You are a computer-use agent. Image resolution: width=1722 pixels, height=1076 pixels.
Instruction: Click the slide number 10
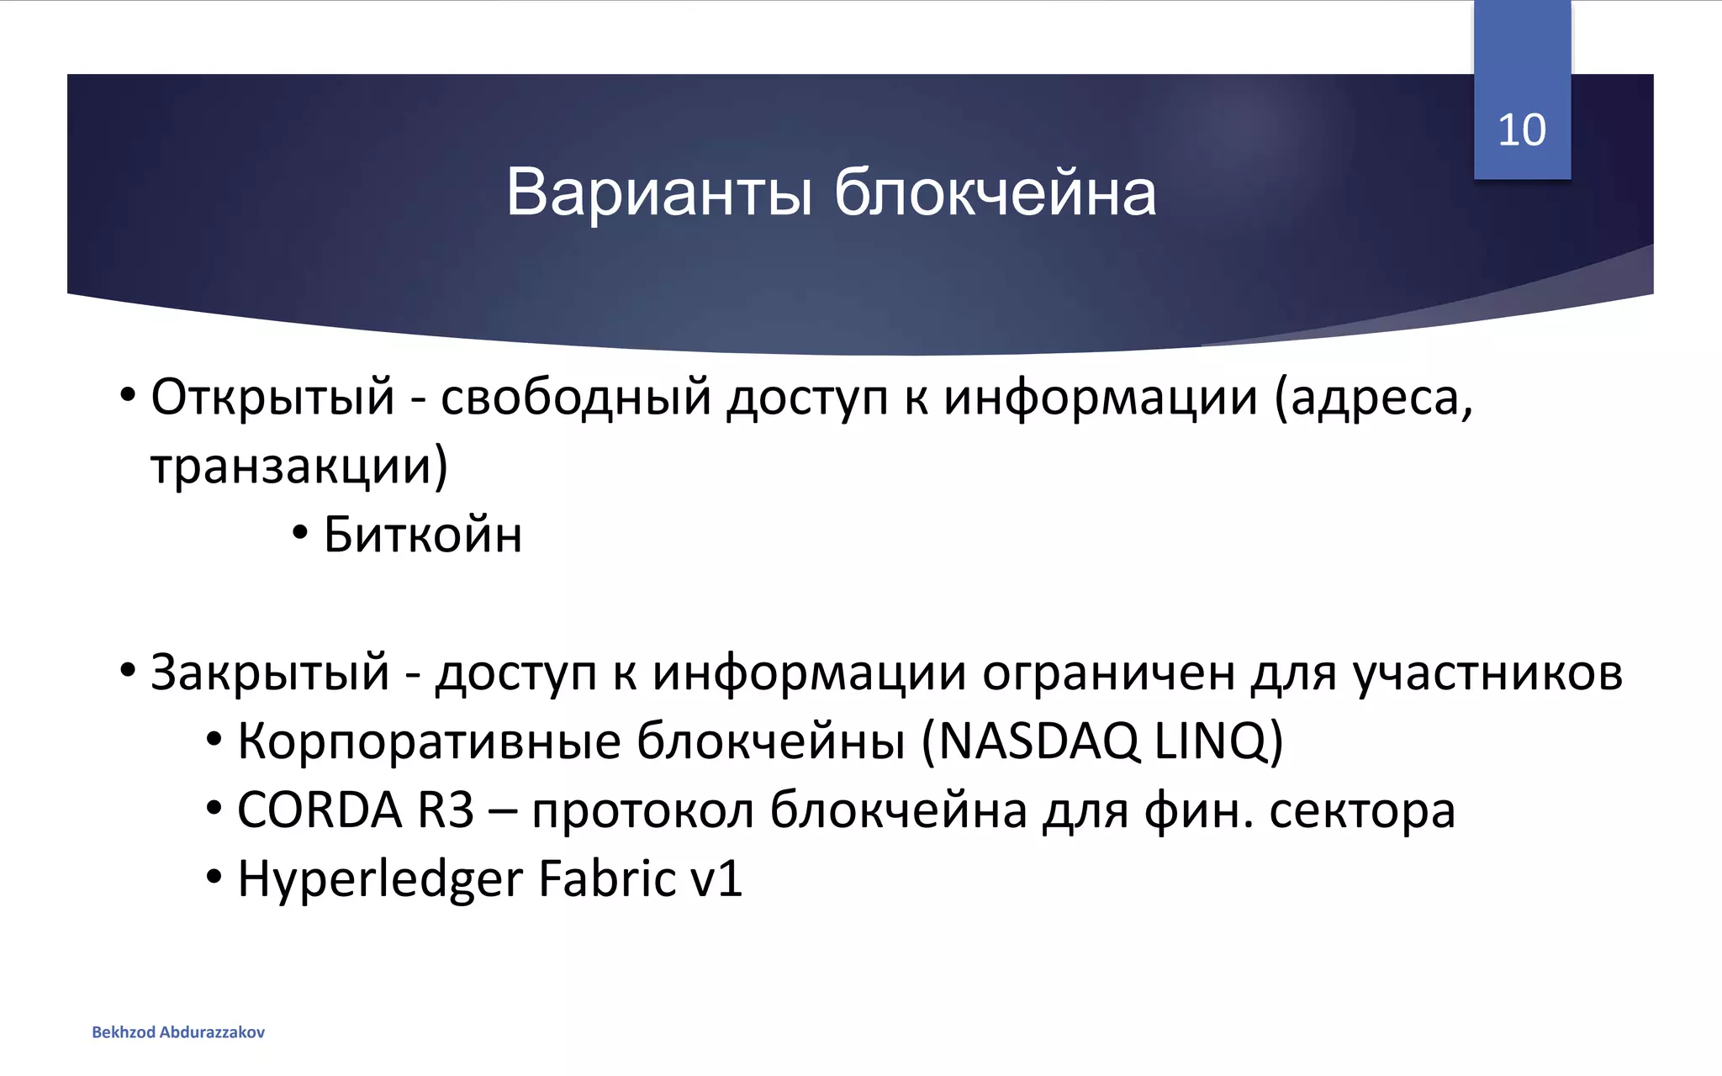[x=1521, y=130]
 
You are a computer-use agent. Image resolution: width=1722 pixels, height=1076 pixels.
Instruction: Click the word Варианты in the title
[x=659, y=193]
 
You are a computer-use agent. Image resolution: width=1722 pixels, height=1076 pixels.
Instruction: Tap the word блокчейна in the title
[x=995, y=193]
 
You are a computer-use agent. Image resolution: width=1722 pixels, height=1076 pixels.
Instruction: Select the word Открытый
[x=272, y=397]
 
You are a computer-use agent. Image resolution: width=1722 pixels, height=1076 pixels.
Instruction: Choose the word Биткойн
[x=422, y=535]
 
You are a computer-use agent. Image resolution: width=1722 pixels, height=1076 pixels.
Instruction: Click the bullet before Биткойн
[x=300, y=533]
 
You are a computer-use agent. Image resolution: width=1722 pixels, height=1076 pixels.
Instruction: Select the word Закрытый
[x=270, y=672]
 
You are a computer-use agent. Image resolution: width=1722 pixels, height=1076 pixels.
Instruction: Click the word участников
[x=1487, y=672]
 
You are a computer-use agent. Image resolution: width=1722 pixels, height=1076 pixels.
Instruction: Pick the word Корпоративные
[x=429, y=741]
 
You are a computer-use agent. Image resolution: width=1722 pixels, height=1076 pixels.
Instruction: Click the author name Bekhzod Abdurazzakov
[x=178, y=1032]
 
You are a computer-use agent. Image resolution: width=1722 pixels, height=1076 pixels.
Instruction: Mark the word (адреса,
[x=1374, y=398]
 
